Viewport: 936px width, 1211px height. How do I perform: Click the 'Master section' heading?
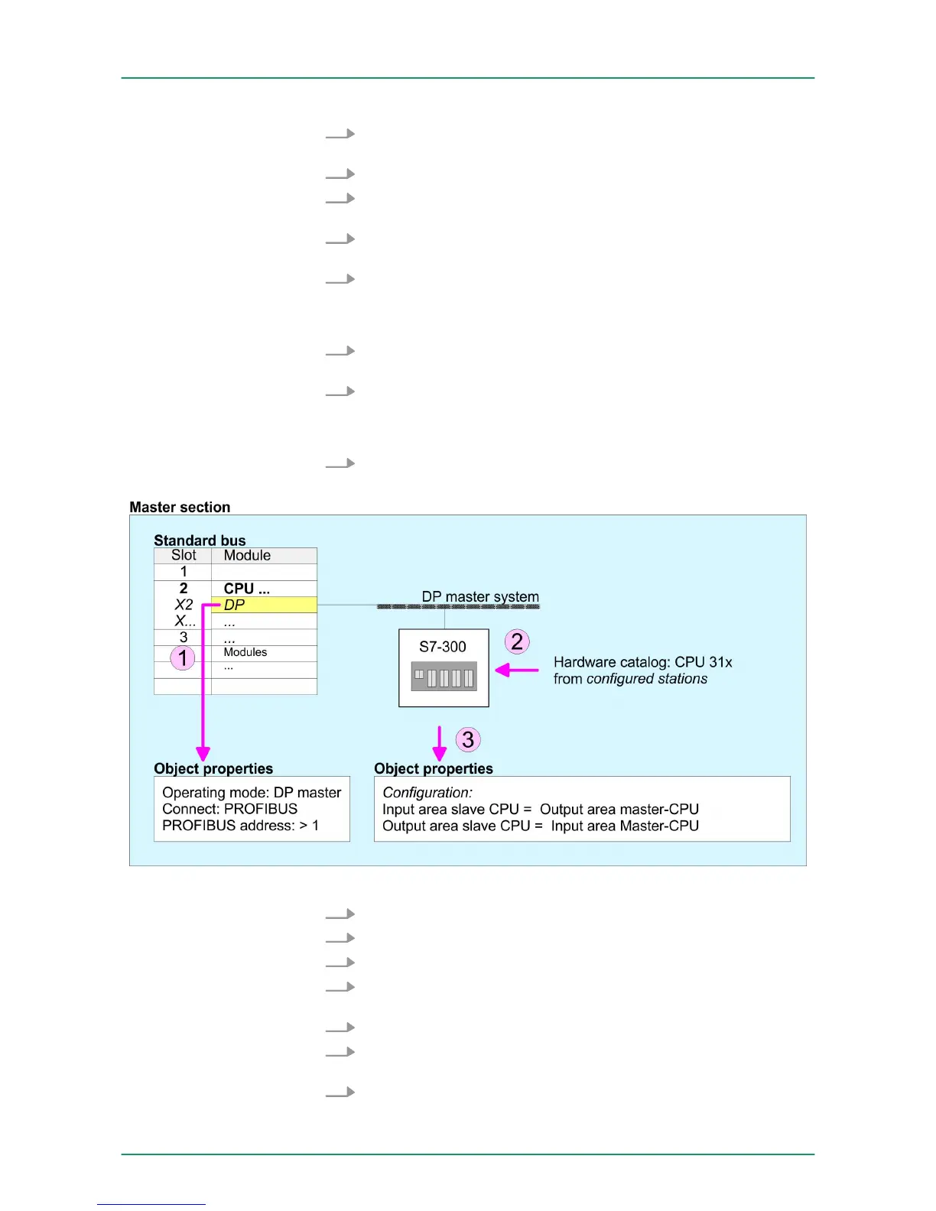tap(180, 507)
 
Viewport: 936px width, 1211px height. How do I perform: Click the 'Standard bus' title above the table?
tap(200, 541)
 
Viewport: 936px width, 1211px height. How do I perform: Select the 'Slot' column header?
tap(184, 556)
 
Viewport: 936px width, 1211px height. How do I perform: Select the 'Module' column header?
tap(247, 556)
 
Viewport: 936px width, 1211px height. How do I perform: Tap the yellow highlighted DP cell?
tap(264, 605)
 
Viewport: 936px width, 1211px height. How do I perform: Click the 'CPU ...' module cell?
tap(246, 589)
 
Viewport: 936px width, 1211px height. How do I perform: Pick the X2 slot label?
tap(184, 605)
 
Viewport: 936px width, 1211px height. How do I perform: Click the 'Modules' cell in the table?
tap(245, 652)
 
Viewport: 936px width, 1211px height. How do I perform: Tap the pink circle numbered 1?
tap(183, 657)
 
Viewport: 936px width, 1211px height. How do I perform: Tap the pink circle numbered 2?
tap(517, 641)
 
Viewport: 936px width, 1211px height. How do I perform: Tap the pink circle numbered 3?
tap(468, 739)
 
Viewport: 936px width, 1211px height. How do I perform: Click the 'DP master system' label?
tap(480, 596)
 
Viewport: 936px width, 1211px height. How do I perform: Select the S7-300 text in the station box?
tap(443, 647)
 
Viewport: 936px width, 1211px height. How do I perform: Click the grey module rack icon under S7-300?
tap(444, 677)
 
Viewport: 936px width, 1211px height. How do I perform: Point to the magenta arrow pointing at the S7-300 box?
tap(517, 670)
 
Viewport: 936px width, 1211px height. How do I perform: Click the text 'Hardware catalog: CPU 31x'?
tap(642, 662)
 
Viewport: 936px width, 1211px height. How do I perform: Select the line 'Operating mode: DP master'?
tap(252, 793)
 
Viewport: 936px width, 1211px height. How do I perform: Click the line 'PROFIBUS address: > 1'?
tap(240, 826)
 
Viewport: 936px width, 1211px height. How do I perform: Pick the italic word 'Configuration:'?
tap(427, 793)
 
